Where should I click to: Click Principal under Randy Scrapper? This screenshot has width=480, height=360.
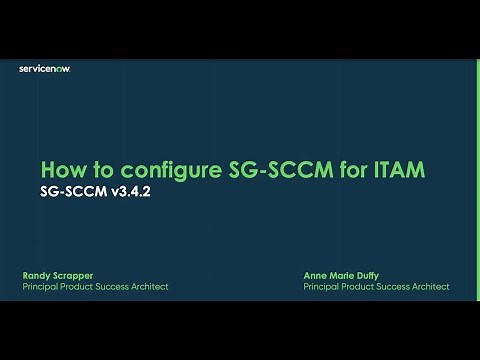pos(39,286)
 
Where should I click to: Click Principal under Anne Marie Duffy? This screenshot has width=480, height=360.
pos(321,286)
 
